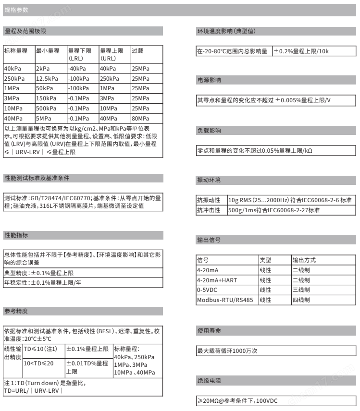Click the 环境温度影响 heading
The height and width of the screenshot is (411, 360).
click(x=226, y=31)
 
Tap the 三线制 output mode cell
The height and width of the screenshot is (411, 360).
click(x=301, y=290)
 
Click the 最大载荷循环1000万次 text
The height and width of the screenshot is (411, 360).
click(x=228, y=351)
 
